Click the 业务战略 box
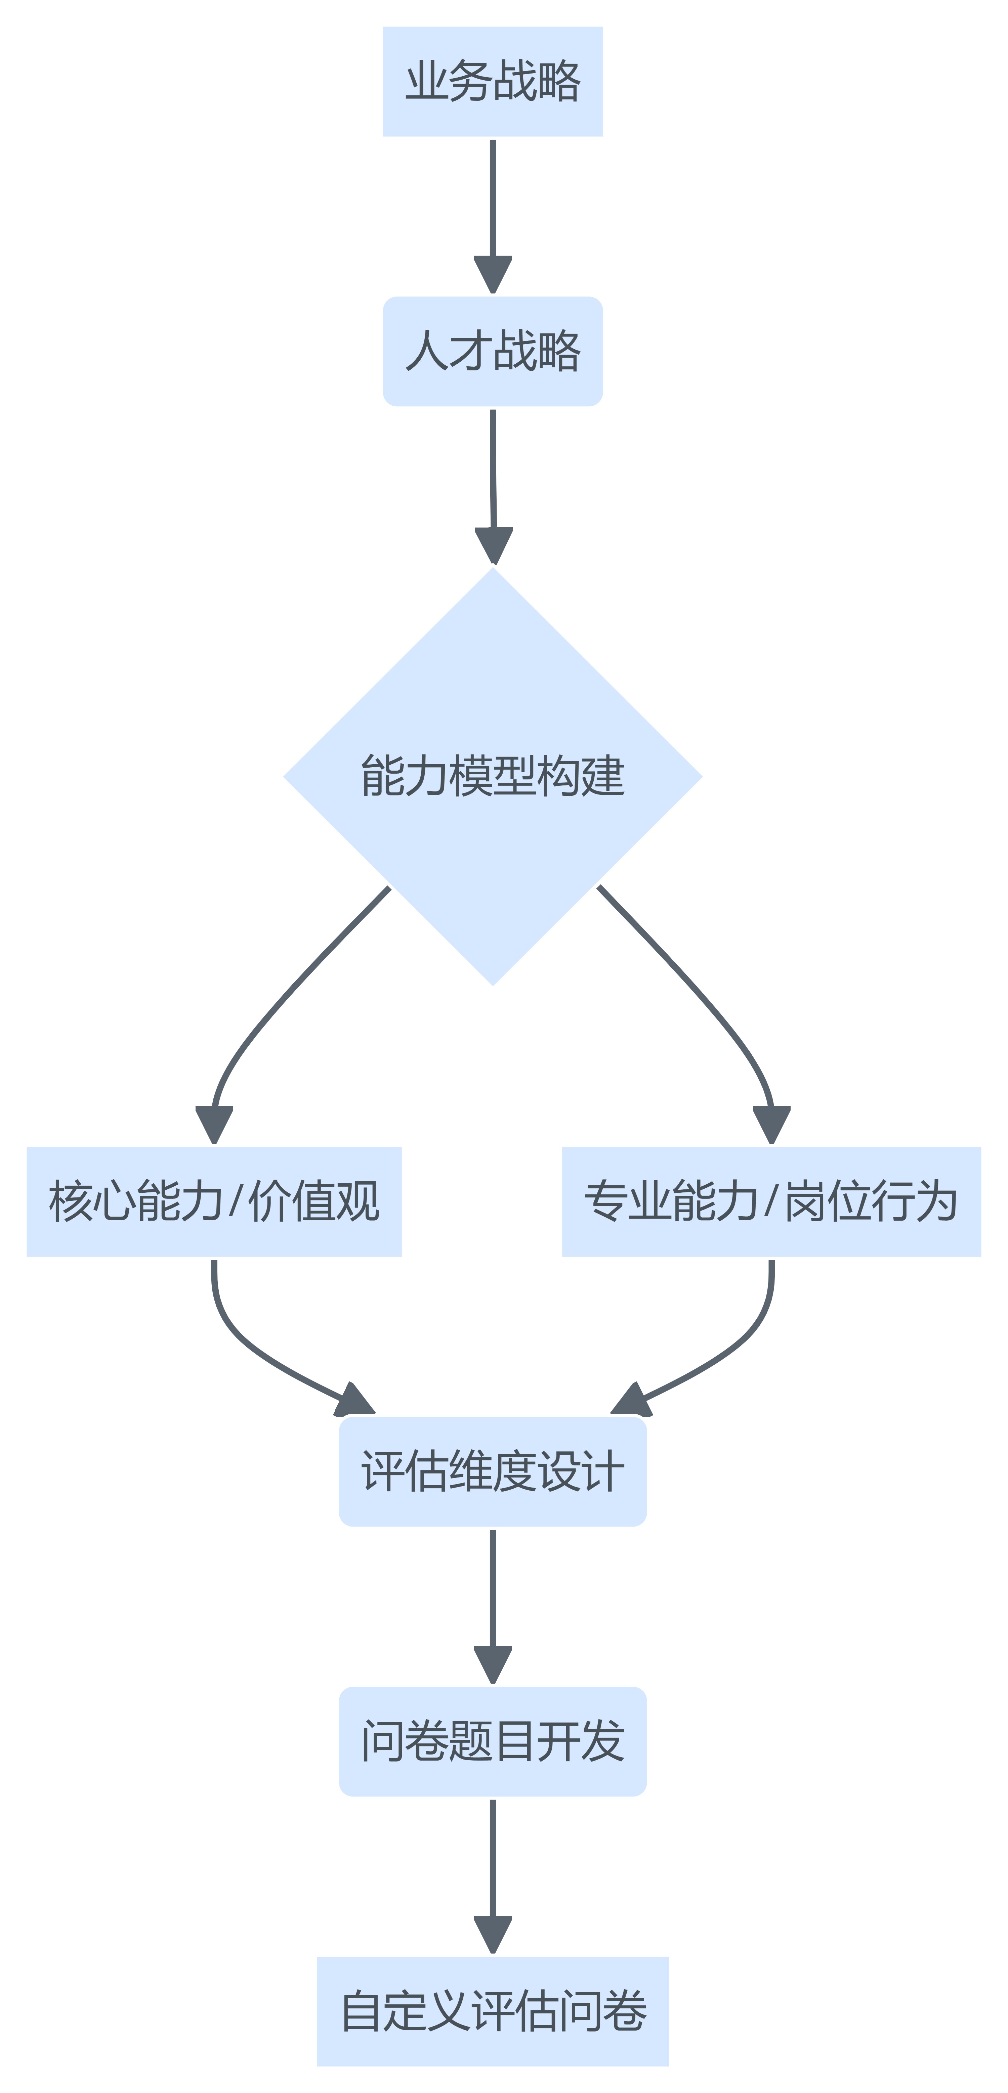coord(493,81)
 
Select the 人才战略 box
coord(493,351)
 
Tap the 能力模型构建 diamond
coord(493,776)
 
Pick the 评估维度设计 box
coord(493,1471)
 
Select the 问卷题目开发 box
coord(493,1741)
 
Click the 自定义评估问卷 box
coord(493,2011)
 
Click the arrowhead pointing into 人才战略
coord(493,275)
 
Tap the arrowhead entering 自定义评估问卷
coord(493,1936)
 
